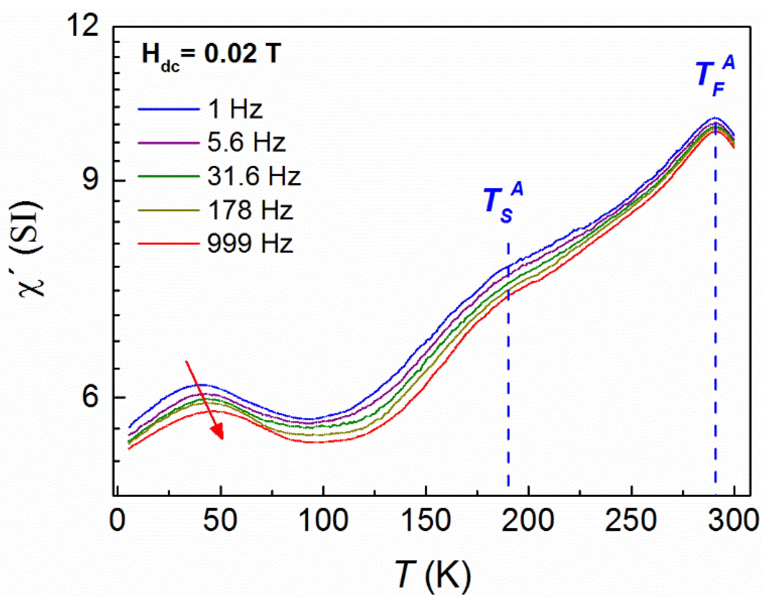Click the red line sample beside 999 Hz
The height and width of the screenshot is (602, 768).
coord(169,244)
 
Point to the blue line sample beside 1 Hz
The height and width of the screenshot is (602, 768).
coord(169,109)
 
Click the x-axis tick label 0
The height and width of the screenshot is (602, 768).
coord(117,520)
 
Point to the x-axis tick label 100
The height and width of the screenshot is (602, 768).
coord(323,520)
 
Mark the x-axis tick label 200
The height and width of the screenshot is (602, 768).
coord(528,520)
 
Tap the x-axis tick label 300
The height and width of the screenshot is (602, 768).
coord(733,520)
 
